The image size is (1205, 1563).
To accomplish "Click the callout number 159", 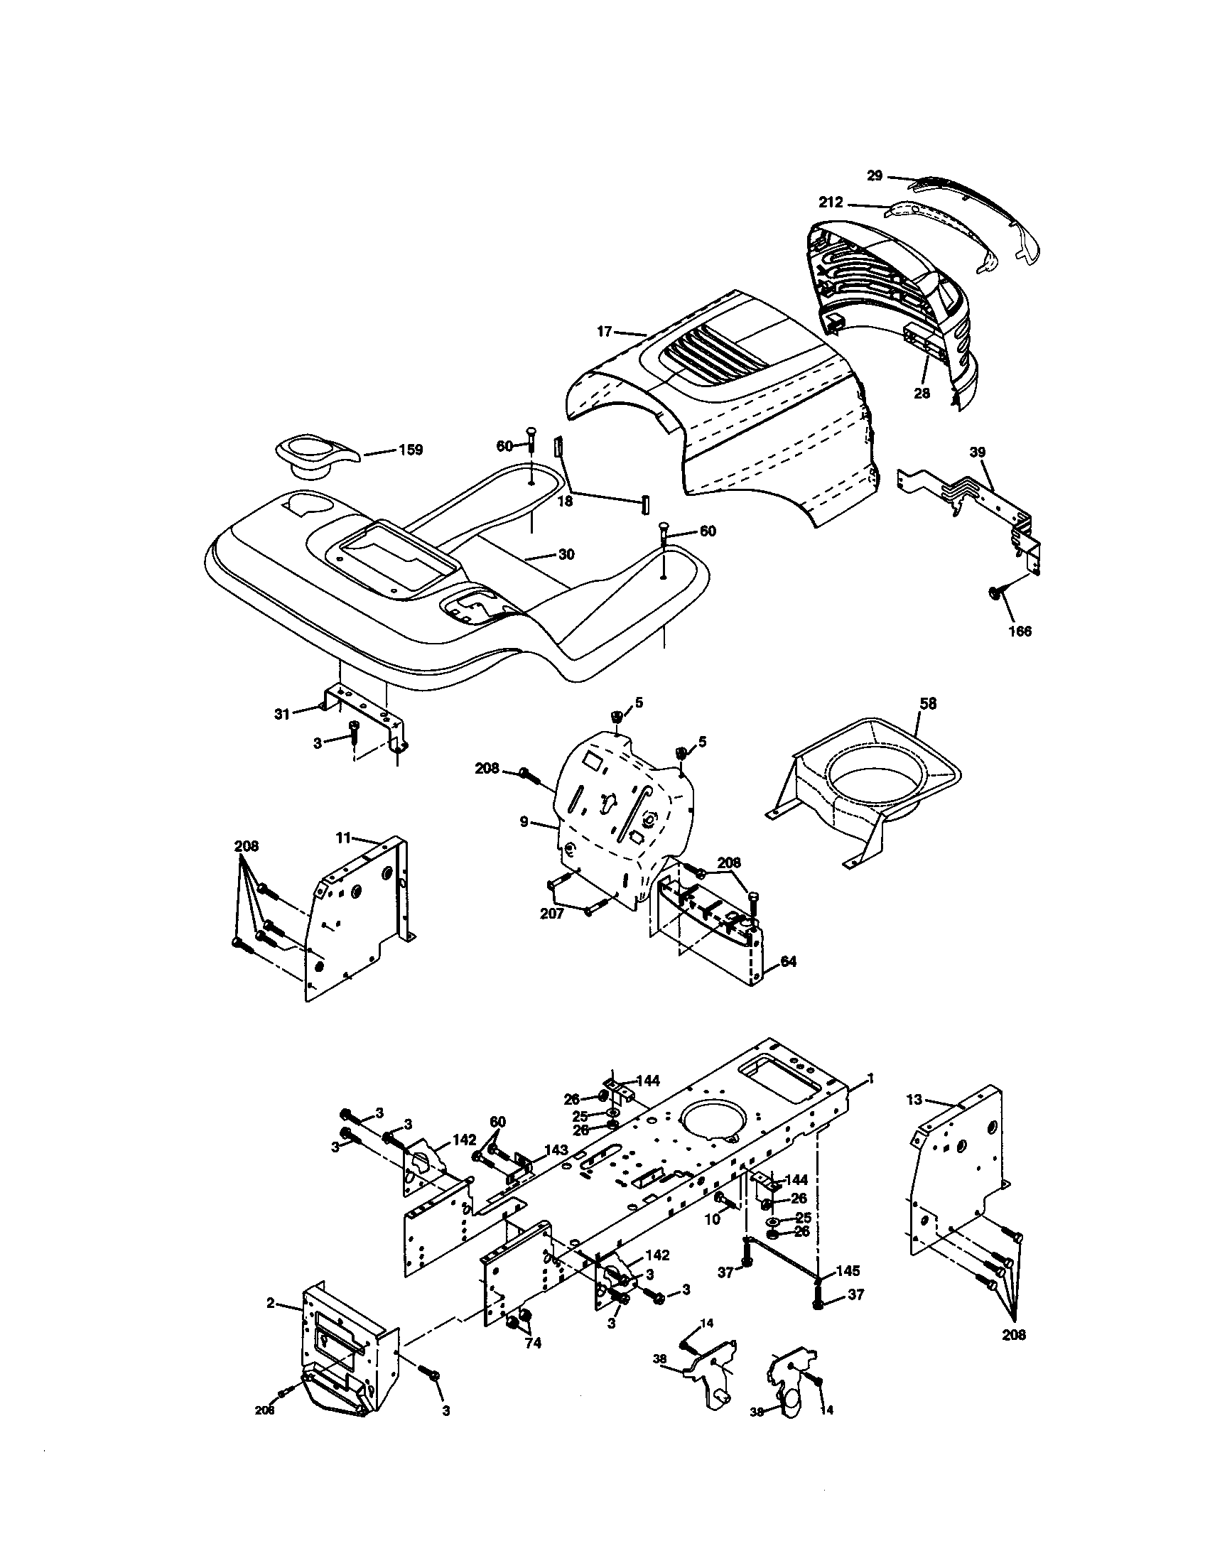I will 411,450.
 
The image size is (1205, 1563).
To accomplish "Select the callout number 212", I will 831,203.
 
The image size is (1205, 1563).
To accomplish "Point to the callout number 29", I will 875,175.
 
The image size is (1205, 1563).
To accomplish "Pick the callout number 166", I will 1020,631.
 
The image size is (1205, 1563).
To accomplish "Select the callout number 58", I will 927,703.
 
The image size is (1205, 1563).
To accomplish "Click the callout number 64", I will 788,962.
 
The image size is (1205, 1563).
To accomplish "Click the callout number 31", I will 283,713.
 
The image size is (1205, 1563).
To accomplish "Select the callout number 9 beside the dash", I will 524,822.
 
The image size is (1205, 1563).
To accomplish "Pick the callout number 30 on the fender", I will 566,555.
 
